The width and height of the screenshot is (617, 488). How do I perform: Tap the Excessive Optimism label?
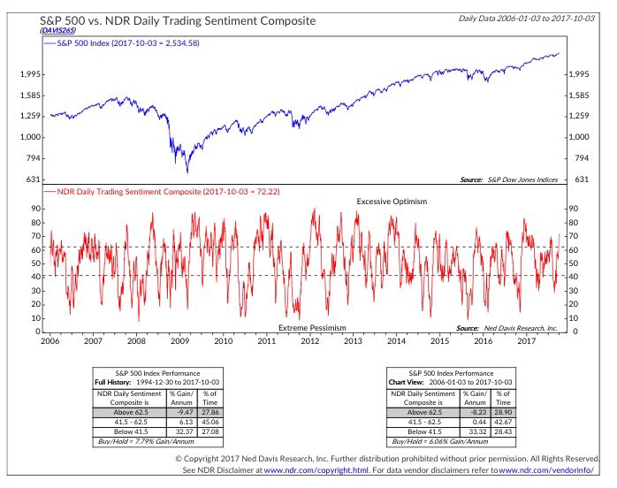(x=392, y=202)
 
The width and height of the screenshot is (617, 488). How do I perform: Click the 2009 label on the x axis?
(x=180, y=340)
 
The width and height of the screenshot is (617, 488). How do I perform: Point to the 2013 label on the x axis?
(x=353, y=340)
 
